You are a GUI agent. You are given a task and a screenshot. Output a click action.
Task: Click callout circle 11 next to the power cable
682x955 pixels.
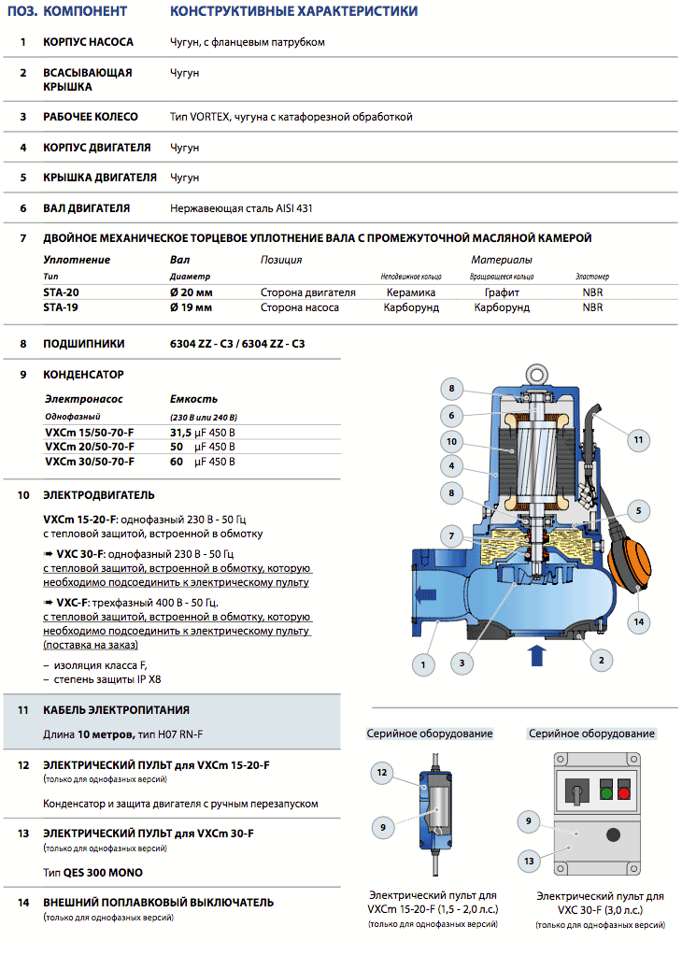click(x=638, y=439)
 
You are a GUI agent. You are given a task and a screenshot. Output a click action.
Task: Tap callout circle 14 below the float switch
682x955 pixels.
click(x=639, y=620)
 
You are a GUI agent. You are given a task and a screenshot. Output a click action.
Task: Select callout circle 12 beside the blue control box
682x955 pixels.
click(x=381, y=773)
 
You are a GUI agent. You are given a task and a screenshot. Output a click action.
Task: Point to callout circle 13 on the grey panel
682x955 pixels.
click(x=531, y=859)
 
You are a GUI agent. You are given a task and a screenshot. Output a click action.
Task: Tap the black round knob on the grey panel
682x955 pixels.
click(x=614, y=835)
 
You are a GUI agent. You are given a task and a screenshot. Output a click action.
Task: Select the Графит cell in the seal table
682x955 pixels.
click(x=501, y=292)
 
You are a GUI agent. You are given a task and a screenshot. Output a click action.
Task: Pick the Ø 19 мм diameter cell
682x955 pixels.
click(x=191, y=306)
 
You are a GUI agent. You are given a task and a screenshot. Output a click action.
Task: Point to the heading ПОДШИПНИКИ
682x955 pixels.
click(x=84, y=344)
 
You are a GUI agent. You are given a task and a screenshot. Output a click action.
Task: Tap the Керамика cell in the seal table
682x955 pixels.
click(x=411, y=292)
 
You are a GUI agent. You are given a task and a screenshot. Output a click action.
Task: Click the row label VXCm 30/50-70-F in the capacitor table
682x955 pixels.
click(x=90, y=462)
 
